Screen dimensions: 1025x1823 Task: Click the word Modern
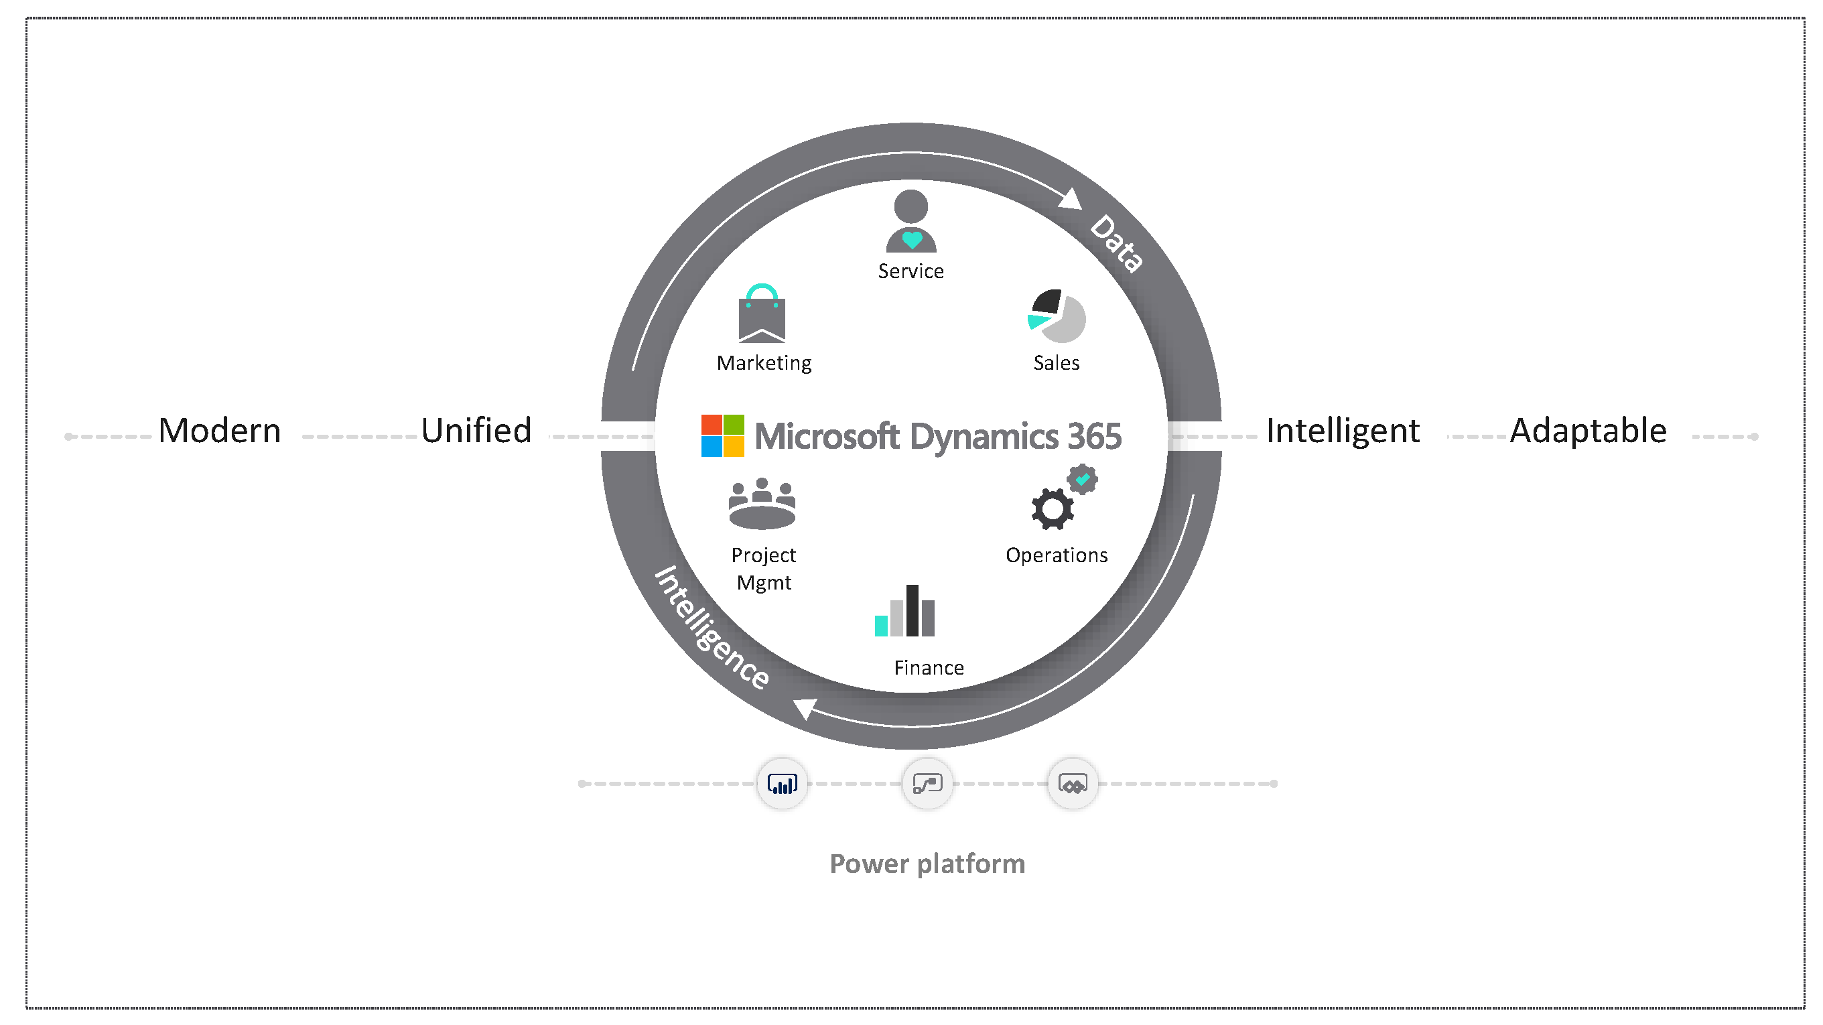(x=219, y=430)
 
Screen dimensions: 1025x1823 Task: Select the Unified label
(x=476, y=430)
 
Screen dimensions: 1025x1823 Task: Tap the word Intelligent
(x=1343, y=430)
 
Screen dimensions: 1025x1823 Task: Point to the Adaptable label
(x=1588, y=430)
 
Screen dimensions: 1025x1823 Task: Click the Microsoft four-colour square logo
(x=722, y=435)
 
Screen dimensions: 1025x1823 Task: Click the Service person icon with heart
(x=910, y=221)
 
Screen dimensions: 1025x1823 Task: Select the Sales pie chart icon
(x=1057, y=316)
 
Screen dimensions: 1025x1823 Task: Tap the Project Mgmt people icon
(x=762, y=503)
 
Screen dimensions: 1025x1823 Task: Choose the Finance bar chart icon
(x=904, y=611)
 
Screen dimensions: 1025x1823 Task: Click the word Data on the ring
(x=1116, y=243)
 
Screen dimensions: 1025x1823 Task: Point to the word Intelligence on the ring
(x=712, y=627)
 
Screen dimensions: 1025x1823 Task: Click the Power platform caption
(x=927, y=864)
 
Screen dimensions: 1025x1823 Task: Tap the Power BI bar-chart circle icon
(x=782, y=784)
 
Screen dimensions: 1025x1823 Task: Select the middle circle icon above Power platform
(x=927, y=784)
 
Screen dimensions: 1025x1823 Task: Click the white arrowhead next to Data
(x=1071, y=199)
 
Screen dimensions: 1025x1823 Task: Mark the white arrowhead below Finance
(x=805, y=707)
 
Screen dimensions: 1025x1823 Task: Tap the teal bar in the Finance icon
(x=881, y=626)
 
